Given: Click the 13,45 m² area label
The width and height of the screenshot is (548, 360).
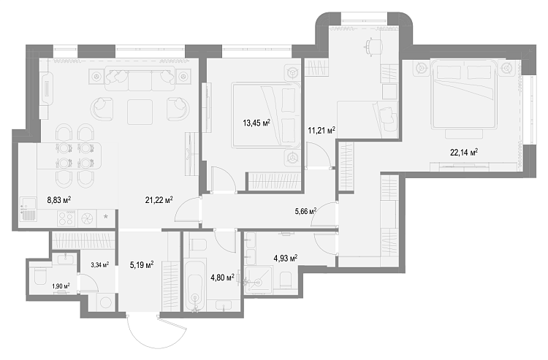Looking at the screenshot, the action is coord(256,123).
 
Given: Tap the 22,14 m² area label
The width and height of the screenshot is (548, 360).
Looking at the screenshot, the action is coord(464,153).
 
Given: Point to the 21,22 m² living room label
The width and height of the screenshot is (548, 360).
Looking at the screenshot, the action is coord(159,200).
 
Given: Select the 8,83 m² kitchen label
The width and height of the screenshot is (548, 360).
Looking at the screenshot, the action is coord(59,200).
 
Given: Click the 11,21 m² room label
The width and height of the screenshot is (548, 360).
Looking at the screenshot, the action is coord(321,131).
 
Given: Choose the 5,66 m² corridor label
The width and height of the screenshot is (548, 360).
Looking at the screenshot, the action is coord(306,211).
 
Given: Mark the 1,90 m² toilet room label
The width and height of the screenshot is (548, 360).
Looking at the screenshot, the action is coord(61,286).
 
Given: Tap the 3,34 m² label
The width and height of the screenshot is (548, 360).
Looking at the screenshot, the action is coord(99,264).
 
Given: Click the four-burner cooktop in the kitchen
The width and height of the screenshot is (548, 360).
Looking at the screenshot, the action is coord(66,219).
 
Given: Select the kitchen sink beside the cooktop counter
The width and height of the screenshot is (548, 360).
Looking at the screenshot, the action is coord(28,209).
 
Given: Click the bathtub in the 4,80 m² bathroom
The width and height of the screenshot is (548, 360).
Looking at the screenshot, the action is coord(194,286).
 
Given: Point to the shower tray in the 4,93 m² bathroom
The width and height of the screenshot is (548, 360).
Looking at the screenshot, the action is coord(259,280).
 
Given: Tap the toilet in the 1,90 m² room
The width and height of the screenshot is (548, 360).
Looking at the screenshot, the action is coord(39,277).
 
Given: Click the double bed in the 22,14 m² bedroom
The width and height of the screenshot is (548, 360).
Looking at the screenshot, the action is coord(464,95).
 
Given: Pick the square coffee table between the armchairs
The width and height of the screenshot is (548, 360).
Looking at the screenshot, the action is coord(140,112).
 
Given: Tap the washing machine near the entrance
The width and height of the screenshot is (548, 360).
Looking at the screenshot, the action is coord(105,302).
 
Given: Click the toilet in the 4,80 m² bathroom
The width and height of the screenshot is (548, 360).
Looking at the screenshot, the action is coord(198,244).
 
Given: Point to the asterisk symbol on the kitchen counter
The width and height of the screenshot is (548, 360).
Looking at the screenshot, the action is coord(105,217).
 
